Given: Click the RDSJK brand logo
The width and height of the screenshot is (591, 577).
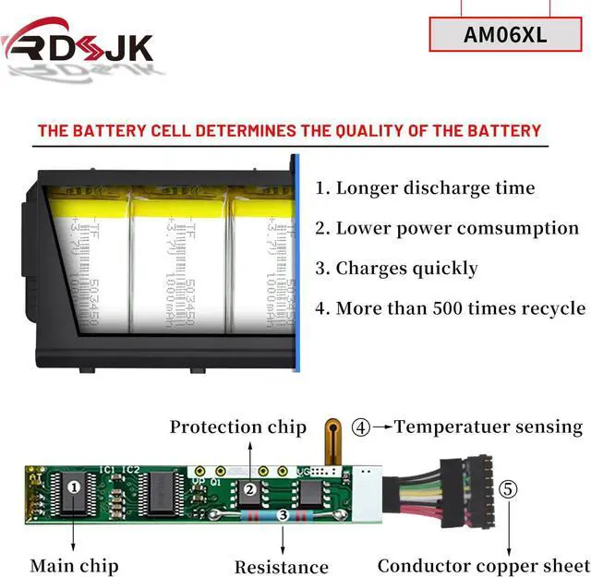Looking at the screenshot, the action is pos(78,42).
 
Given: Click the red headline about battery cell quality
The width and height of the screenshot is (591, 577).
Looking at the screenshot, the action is pos(289,130).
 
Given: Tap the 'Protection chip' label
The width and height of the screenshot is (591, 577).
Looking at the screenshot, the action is pos(237,427).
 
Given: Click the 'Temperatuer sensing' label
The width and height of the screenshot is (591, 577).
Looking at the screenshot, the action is pos(488,427).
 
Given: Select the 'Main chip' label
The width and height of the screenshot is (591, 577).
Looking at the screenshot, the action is pos(74,565).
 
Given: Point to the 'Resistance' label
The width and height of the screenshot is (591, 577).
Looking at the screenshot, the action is pos(282,567).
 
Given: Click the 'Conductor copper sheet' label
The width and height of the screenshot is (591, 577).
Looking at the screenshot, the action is pos(481,565).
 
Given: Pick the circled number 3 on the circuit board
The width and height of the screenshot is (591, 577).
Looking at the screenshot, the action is pos(283,515).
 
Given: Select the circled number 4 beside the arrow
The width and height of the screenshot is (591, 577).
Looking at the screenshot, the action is pos(361,427).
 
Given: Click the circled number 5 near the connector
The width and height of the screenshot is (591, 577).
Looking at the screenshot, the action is pos(509,488).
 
